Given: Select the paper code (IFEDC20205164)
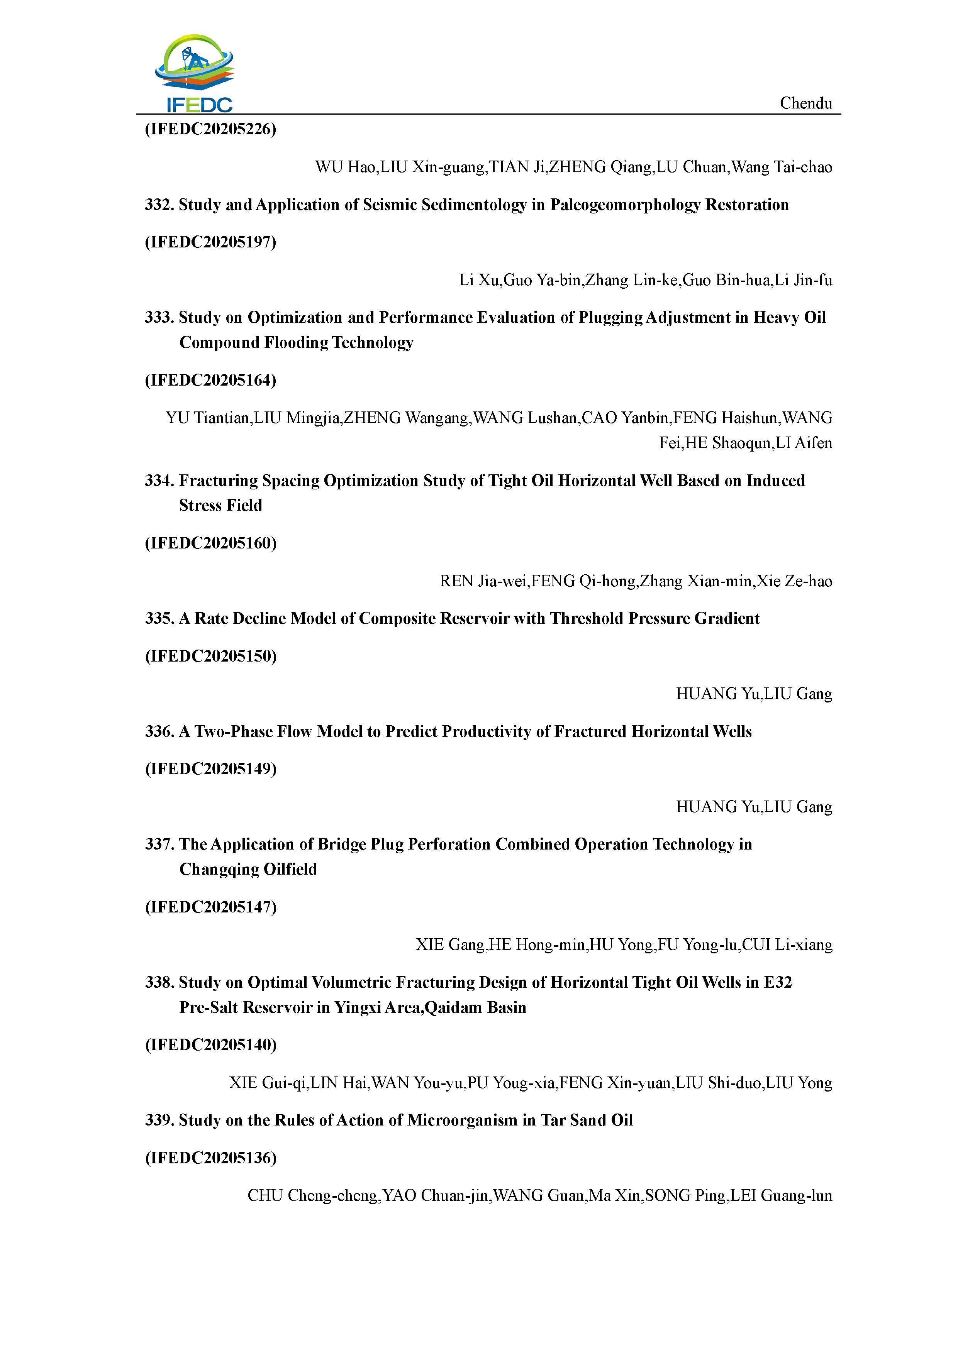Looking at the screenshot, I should pos(210,380).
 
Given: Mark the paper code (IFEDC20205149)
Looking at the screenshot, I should pos(210,768).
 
